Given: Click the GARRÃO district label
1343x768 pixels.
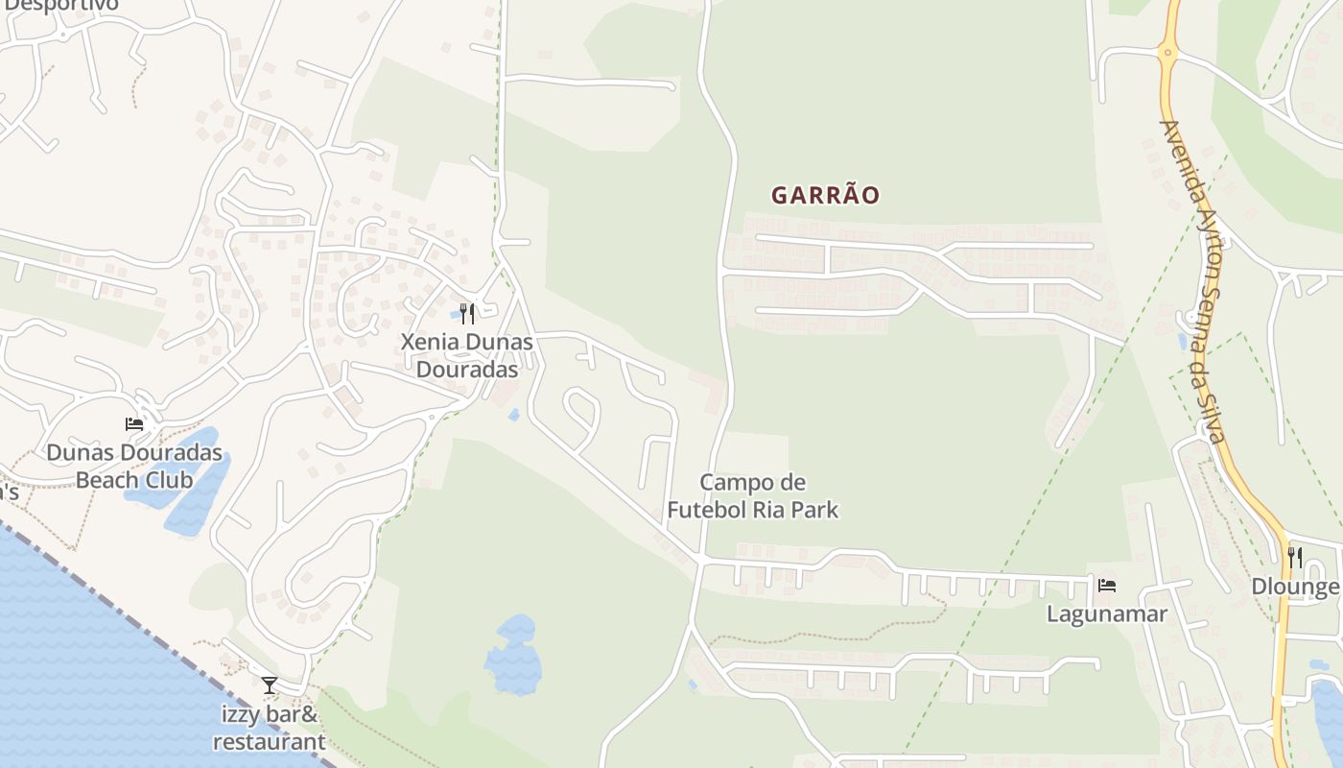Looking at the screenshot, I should click(x=825, y=195).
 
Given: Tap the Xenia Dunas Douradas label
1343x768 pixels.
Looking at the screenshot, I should click(x=467, y=355).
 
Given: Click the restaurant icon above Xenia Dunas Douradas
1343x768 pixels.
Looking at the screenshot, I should click(x=467, y=313).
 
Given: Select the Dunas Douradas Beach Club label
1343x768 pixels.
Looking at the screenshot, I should click(x=134, y=466).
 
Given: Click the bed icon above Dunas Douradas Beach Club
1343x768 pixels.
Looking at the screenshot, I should click(x=134, y=423).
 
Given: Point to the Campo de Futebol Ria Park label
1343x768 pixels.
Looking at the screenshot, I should click(x=753, y=495).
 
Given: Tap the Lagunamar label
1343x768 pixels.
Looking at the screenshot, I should click(x=1107, y=613).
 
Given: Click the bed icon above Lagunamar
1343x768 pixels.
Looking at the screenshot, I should click(x=1107, y=585).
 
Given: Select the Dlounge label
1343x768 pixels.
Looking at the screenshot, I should click(x=1295, y=587).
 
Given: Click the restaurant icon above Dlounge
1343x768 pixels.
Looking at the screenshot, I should click(x=1295, y=557).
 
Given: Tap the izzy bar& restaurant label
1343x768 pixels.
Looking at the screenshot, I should click(x=270, y=728).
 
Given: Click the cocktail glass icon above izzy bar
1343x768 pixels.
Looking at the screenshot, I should click(x=270, y=684).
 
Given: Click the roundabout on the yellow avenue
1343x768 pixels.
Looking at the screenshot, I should click(x=1167, y=52).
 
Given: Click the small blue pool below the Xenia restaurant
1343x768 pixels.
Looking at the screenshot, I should click(x=514, y=415).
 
